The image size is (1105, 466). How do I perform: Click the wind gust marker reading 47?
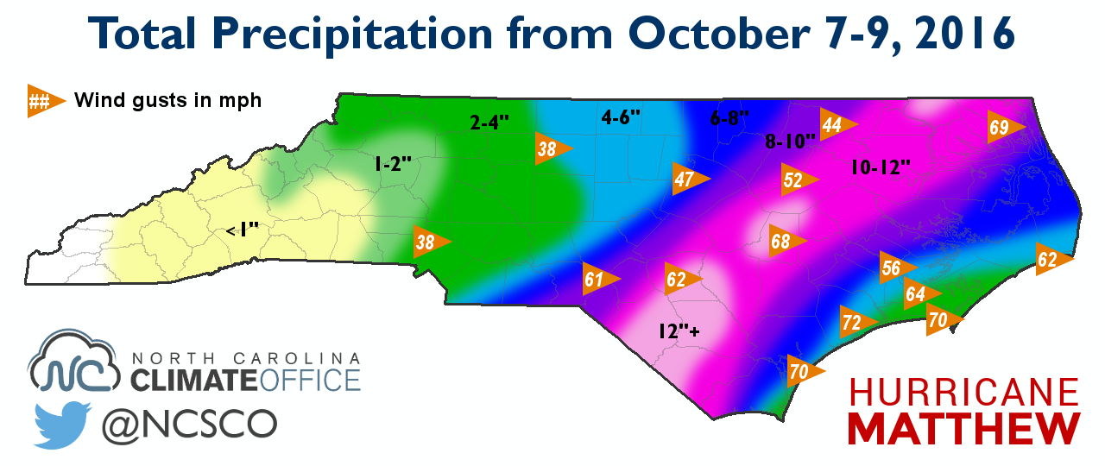688,179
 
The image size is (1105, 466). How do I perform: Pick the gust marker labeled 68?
785,242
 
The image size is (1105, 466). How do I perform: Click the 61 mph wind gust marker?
597,279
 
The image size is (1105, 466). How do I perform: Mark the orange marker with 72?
856,323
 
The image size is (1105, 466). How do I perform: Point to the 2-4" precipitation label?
490,123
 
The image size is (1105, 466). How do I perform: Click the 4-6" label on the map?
620,116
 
